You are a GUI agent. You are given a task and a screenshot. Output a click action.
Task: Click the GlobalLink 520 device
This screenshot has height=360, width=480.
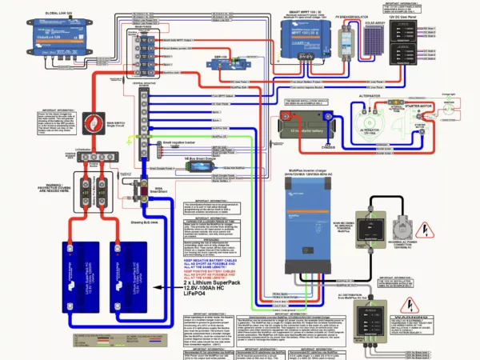pyautogui.click(x=51, y=38)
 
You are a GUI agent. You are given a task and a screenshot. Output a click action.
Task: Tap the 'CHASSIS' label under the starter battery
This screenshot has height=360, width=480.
pyautogui.click(x=306, y=147)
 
